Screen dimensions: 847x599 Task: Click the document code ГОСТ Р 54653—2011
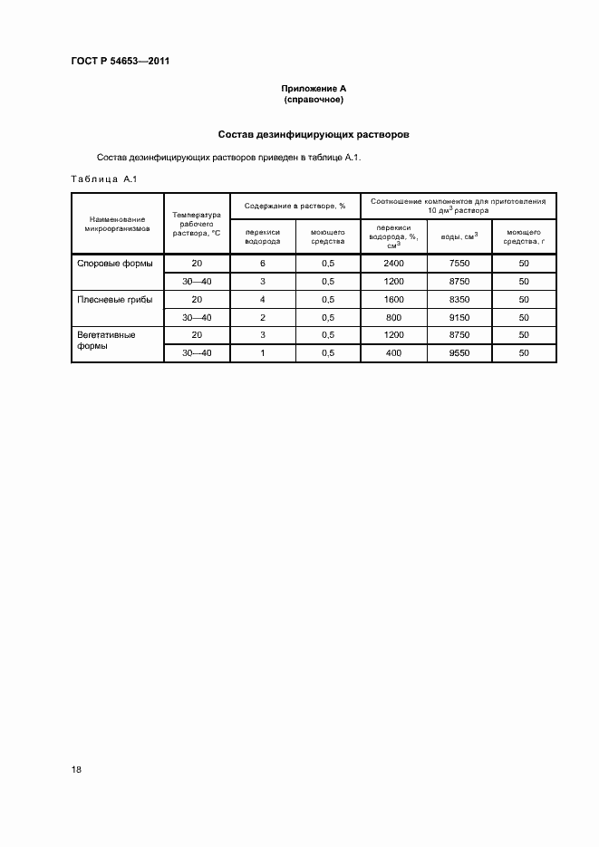pyautogui.click(x=121, y=61)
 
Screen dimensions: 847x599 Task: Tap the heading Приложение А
pyautogui.click(x=314, y=89)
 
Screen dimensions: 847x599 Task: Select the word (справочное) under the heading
pyautogui.click(x=314, y=100)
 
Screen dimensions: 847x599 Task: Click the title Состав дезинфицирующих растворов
pyautogui.click(x=314, y=134)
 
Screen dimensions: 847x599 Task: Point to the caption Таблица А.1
pyautogui.click(x=103, y=179)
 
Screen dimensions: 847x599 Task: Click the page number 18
pyautogui.click(x=76, y=769)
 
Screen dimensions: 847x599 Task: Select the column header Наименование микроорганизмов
pyautogui.click(x=117, y=223)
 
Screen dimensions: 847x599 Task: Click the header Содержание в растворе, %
pyautogui.click(x=295, y=206)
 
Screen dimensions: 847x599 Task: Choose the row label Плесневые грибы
pyautogui.click(x=115, y=299)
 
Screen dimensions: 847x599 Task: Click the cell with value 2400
pyautogui.click(x=392, y=264)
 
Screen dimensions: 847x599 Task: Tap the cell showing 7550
pyautogui.click(x=459, y=264)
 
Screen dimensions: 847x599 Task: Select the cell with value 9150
pyautogui.click(x=459, y=317)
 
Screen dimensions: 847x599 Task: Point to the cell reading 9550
pyautogui.click(x=459, y=352)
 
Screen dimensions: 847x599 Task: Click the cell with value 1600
pyautogui.click(x=392, y=299)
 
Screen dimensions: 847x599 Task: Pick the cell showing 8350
pyautogui.click(x=459, y=299)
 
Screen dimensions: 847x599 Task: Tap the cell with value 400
pyautogui.click(x=392, y=352)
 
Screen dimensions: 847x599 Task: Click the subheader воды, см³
pyautogui.click(x=459, y=237)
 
